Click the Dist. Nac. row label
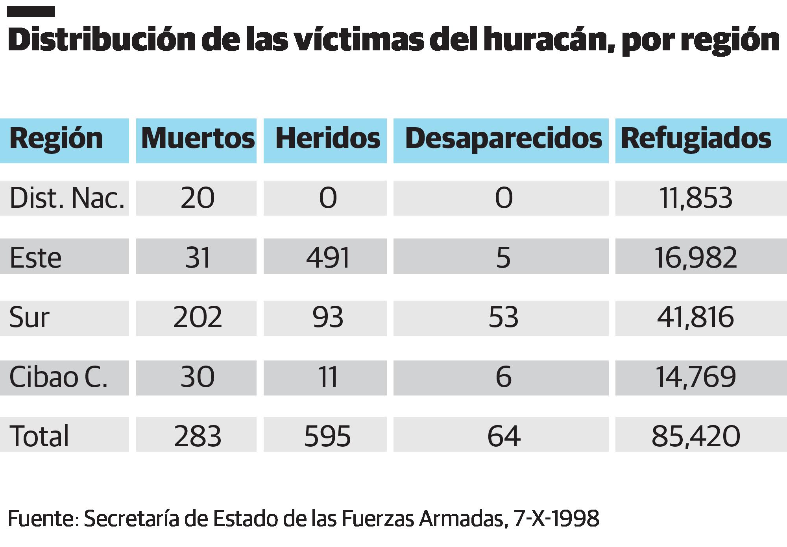(67, 198)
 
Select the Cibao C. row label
(58, 377)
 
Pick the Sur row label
(30, 318)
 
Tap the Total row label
(39, 436)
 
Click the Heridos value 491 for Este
(328, 258)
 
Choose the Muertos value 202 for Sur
(198, 318)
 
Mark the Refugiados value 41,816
(695, 318)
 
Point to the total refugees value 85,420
(696, 436)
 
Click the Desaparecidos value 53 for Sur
(503, 318)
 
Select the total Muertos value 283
(198, 436)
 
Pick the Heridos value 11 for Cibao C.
(328, 377)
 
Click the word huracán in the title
(551, 40)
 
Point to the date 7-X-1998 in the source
(556, 518)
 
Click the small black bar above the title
(31, 12)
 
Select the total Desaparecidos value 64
(504, 436)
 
